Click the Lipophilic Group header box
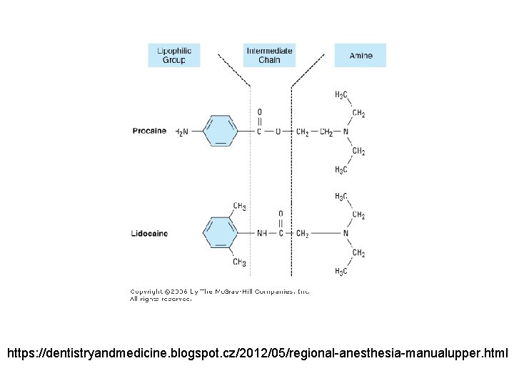(x=174, y=55)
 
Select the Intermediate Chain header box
(x=269, y=55)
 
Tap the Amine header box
(x=361, y=55)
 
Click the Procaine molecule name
(x=149, y=132)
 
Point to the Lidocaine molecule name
(x=149, y=233)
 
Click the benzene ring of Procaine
(x=221, y=132)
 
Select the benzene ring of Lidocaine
(x=221, y=233)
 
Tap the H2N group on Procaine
(x=182, y=132)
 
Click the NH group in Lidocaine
(x=262, y=233)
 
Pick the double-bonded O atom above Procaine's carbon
(x=259, y=112)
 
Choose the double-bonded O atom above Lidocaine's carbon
(x=281, y=214)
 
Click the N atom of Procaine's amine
(x=346, y=132)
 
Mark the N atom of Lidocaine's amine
(x=346, y=233)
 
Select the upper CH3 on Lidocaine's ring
(x=240, y=207)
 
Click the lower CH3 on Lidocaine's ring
(x=240, y=262)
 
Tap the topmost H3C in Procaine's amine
(x=341, y=95)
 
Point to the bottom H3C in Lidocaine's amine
(x=341, y=272)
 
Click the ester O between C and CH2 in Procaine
(x=278, y=132)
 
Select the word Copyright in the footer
(x=146, y=292)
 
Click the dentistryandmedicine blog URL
(x=257, y=353)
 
